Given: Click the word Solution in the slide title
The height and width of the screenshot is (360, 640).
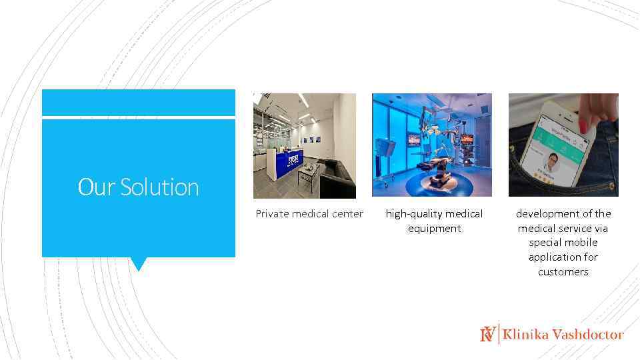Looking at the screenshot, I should coord(159,187).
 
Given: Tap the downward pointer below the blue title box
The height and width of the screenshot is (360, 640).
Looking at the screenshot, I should coord(138,264).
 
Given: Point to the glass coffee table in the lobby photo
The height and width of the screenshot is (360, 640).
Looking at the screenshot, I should coord(307,175).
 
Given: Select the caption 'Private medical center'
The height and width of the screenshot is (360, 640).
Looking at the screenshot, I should coord(309,214).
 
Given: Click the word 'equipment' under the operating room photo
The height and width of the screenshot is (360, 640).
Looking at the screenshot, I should coord(434,229).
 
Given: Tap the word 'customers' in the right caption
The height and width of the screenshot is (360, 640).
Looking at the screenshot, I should coord(563,272).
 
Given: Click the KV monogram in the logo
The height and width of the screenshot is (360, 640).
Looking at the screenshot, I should coord(488,334).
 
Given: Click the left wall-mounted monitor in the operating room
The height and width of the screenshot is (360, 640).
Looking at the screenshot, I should coord(415,140).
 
